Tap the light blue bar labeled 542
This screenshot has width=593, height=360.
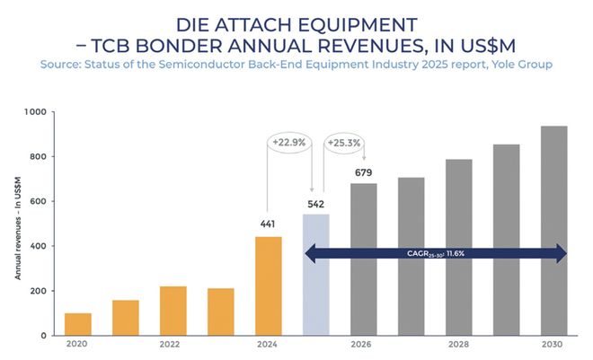point(316,275)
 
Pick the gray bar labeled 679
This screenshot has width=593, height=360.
point(364,259)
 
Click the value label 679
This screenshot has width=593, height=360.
point(364,172)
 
